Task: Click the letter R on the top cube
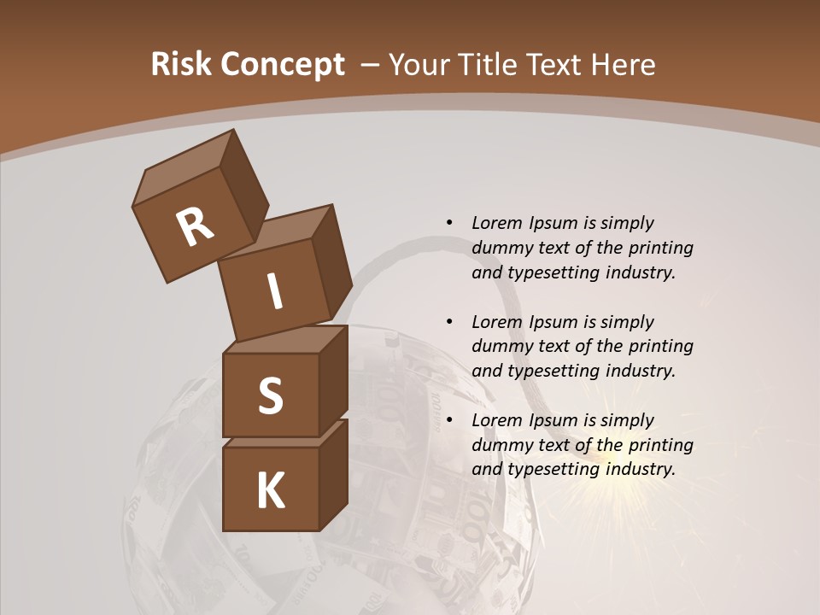click(x=195, y=226)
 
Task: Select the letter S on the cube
click(x=270, y=395)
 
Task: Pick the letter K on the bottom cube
click(x=270, y=491)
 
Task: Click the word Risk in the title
click(x=179, y=64)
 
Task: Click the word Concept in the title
click(x=281, y=65)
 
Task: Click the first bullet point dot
click(x=449, y=223)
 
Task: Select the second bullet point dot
click(x=449, y=322)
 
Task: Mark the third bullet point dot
click(x=449, y=420)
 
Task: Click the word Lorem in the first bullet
click(x=497, y=223)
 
